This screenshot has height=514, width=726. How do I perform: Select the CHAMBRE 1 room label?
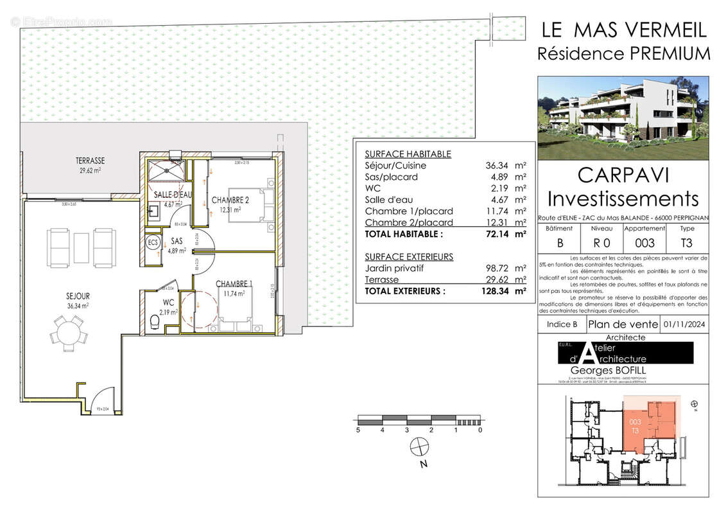[x=234, y=284]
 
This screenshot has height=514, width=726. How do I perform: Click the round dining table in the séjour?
[x=69, y=334]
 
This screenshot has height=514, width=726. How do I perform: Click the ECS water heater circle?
[x=153, y=244]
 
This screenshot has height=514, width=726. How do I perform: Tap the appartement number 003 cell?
[x=644, y=242]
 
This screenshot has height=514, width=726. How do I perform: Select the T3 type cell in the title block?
[x=687, y=242]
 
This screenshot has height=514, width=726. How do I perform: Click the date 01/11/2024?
[x=687, y=324]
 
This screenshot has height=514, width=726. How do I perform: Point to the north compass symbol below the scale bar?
[x=419, y=445]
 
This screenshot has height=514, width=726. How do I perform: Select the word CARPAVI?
[x=623, y=175]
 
